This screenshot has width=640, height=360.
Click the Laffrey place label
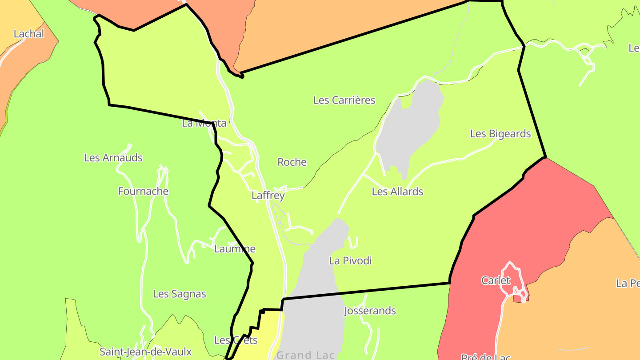pos(268,196)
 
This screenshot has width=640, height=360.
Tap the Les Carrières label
pos(344,100)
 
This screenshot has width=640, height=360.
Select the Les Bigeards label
pos(500,134)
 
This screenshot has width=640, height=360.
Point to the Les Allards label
pos(397,192)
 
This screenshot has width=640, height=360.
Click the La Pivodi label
pos(350,261)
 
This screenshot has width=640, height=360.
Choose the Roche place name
pos(292,162)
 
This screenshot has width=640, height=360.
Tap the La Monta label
pos(204,124)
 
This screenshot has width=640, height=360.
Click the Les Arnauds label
pos(113,158)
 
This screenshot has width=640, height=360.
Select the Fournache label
pos(143,192)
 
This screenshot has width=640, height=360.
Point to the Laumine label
pos(235,249)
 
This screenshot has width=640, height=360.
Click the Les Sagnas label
pos(180,294)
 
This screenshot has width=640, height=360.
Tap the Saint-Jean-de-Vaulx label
pos(145,352)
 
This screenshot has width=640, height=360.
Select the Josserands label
pos(370,311)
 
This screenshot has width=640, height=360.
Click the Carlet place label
pos(496,281)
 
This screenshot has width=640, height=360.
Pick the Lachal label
pos(29,34)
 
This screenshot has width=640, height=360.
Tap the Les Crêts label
pos(236,340)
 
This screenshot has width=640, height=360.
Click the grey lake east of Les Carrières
pos(411,124)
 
